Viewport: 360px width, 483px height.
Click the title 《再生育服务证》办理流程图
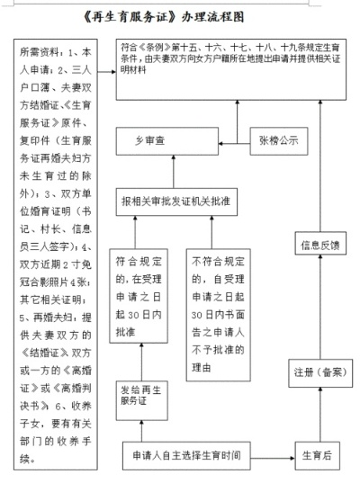tap(180, 16)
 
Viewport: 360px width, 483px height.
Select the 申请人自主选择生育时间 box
tap(187, 454)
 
